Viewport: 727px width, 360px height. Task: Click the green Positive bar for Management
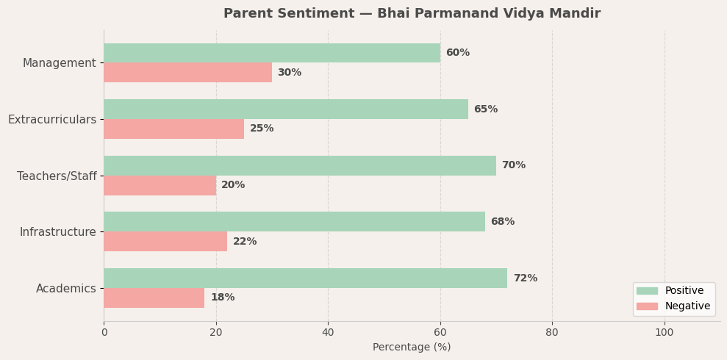point(272,53)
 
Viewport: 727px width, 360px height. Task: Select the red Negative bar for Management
point(187,73)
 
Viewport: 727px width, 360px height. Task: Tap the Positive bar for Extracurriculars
point(286,109)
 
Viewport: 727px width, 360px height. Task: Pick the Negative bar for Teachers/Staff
point(160,185)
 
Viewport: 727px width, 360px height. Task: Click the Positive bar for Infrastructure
point(294,222)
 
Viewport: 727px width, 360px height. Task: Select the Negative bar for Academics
point(154,298)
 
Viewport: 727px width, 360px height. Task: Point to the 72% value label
point(525,278)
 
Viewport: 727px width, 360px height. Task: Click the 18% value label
point(222,298)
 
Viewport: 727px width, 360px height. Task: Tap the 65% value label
point(485,109)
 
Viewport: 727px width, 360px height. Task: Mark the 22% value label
point(245,242)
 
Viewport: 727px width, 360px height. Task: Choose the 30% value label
point(289,73)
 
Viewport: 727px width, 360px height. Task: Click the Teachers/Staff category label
point(57,176)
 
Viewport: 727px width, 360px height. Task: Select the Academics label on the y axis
point(65,289)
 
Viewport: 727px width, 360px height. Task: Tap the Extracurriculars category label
point(52,120)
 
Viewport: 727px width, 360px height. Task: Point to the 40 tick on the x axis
point(328,332)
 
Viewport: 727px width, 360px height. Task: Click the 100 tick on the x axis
point(664,332)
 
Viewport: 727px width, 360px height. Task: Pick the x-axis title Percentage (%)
point(412,347)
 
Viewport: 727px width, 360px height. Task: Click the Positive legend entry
point(684,291)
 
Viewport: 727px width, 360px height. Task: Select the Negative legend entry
point(687,306)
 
